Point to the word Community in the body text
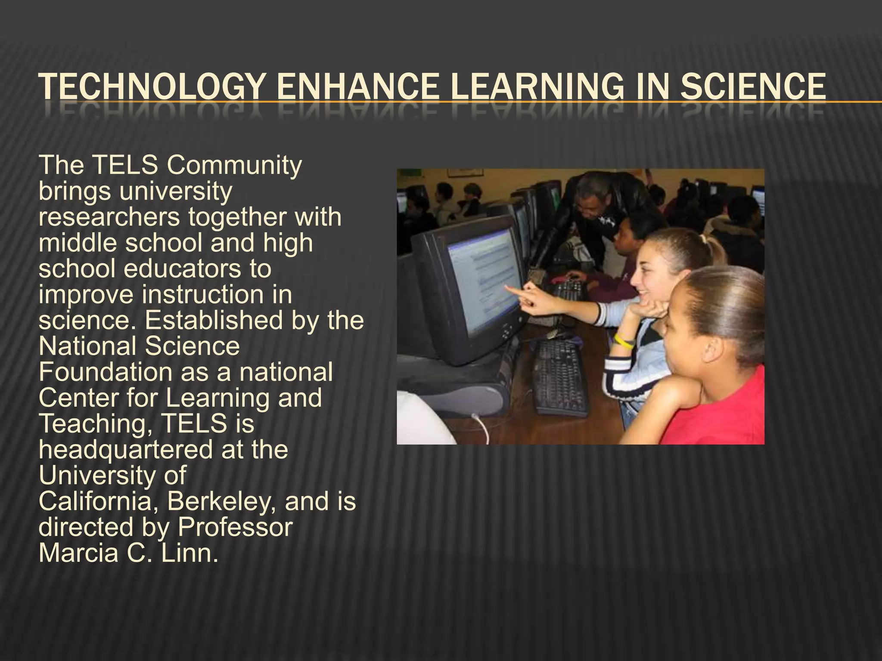(235, 165)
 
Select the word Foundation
(105, 372)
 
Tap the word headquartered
(125, 450)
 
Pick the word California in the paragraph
(98, 501)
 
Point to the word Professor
(235, 527)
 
